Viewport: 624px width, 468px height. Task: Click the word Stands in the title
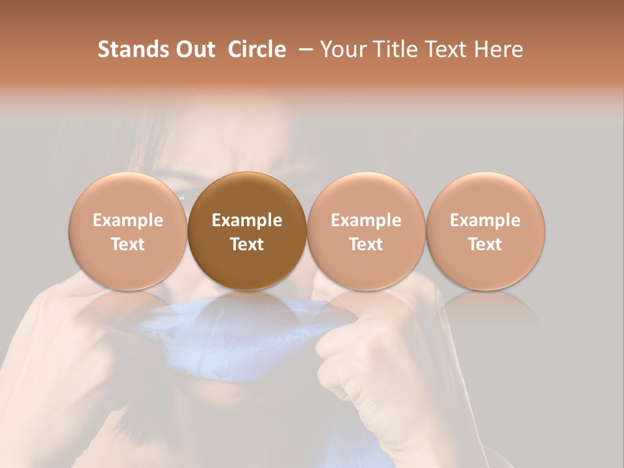point(132,49)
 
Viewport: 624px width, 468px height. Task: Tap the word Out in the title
point(194,49)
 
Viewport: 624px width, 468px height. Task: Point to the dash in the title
point(302,49)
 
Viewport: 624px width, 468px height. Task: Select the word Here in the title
point(499,49)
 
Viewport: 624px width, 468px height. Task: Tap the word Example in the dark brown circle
point(247,220)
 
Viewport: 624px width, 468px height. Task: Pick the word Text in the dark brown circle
point(247,244)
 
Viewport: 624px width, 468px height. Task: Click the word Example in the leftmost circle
point(128,220)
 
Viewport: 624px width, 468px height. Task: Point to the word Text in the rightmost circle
point(486,244)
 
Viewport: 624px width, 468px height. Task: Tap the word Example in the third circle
point(366,220)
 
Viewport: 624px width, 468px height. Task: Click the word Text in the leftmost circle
point(128,244)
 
